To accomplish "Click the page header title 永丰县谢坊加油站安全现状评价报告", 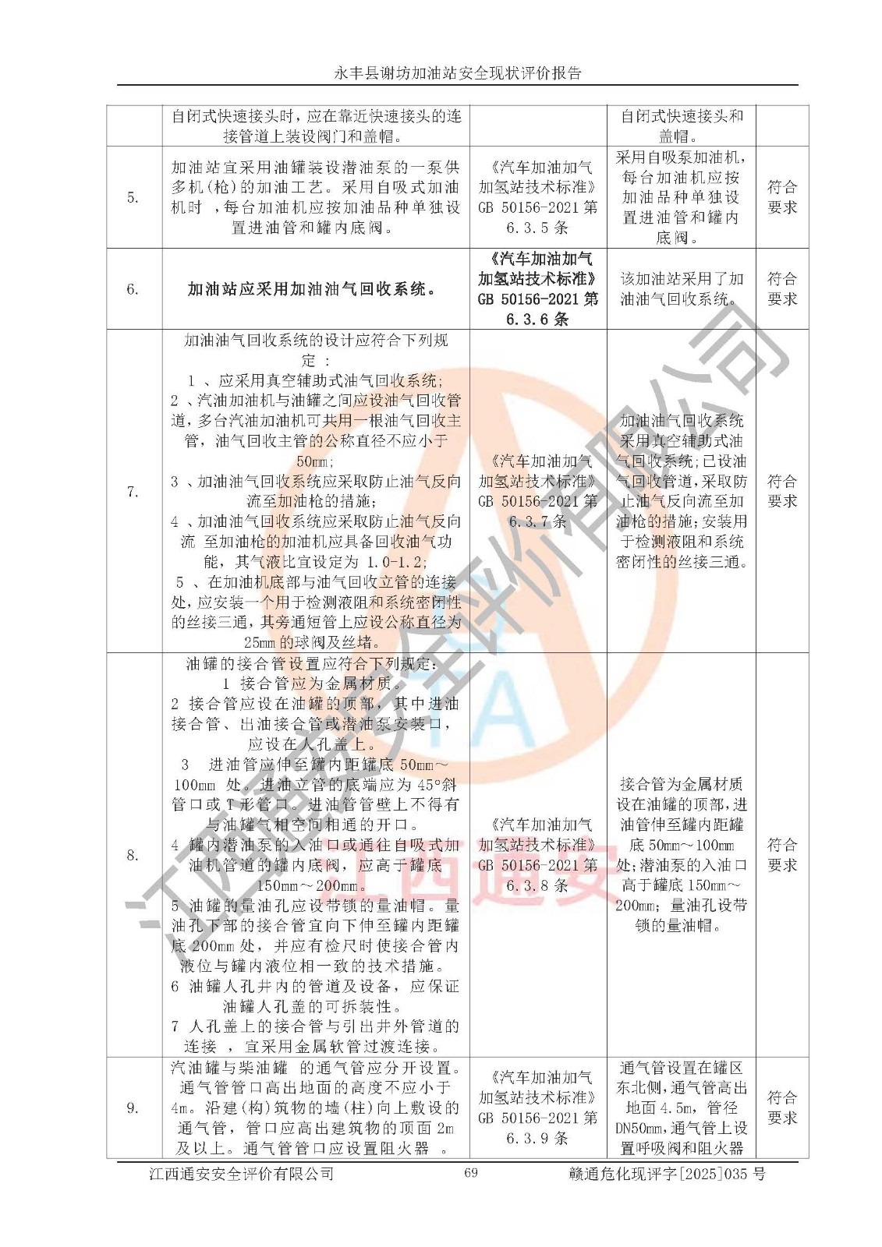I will point(458,73).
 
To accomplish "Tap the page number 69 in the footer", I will point(470,1173).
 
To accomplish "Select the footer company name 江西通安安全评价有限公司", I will point(241,1174).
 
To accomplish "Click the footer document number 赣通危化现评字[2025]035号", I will point(668,1174).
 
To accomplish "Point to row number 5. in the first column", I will point(133,197).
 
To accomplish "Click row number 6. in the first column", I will point(133,289).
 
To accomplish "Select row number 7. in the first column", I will point(133,492).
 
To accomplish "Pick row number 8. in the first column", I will point(133,855).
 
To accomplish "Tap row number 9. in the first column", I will point(133,1107).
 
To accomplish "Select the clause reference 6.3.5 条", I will point(537,228).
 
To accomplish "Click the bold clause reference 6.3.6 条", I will point(537,319).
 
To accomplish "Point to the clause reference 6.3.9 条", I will point(537,1138).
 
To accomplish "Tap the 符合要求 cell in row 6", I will point(782,289).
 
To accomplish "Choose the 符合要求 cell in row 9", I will point(782,1107).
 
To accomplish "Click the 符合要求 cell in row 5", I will point(782,197).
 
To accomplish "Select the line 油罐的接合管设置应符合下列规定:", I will point(315,664).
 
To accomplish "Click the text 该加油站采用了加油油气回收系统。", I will point(681,289).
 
